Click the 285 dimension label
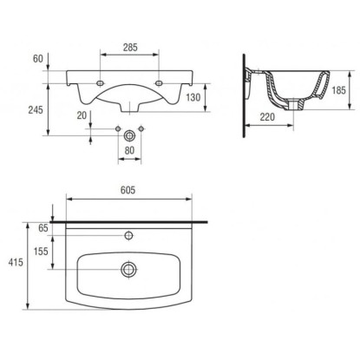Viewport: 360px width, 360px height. point(130,48)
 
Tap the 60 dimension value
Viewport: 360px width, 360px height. point(38,59)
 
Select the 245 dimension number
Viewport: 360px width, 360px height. point(36,110)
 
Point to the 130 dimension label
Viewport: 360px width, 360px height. point(193,97)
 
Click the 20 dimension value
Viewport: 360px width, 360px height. point(82,115)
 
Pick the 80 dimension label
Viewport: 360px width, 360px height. point(129,150)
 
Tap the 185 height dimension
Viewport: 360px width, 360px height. point(338,90)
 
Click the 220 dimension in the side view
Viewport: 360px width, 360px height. point(267,117)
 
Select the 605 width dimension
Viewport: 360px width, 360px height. point(128,190)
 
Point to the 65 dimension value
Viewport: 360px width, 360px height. point(43,228)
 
